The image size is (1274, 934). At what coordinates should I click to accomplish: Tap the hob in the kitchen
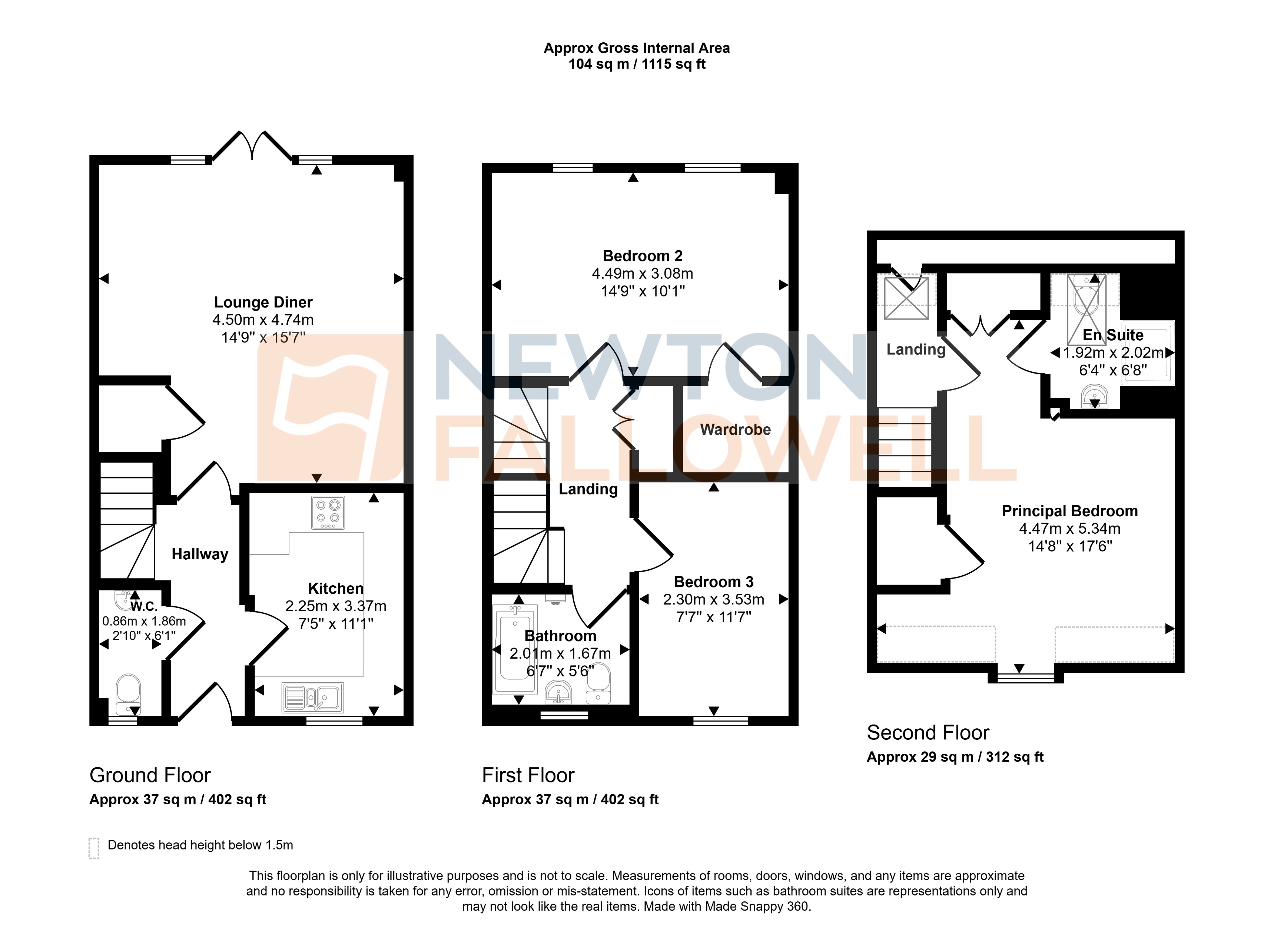tap(328, 512)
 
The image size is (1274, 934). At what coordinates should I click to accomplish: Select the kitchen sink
tap(312, 697)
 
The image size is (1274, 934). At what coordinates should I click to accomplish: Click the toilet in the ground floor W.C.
tap(128, 694)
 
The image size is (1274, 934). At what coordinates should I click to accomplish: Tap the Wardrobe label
tap(735, 430)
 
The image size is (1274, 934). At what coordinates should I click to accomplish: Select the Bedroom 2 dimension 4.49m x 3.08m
tap(642, 274)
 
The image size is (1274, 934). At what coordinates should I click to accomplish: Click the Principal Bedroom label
tap(1069, 511)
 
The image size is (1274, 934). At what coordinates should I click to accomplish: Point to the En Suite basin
tap(1094, 396)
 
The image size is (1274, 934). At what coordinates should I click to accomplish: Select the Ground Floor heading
tap(150, 775)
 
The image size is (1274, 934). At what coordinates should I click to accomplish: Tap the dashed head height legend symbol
tap(94, 848)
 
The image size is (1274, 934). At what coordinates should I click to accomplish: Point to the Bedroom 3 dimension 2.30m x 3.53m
tap(713, 599)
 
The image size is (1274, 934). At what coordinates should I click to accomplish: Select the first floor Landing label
tap(588, 489)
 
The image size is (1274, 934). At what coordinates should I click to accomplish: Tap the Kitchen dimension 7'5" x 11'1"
tap(336, 624)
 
